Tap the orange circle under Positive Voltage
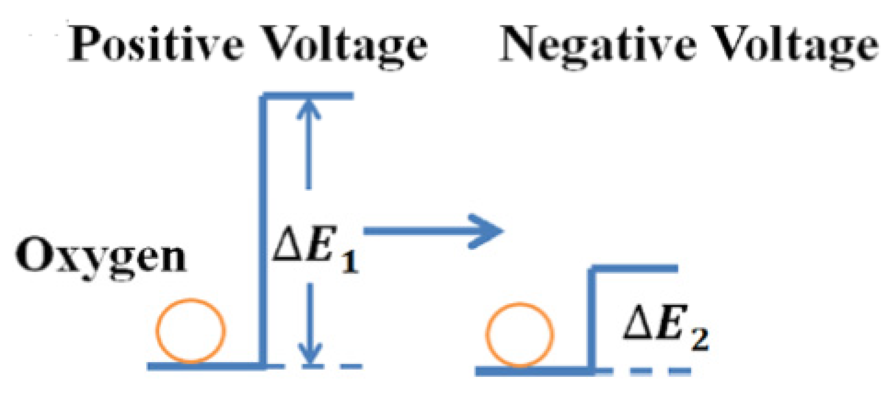[x=190, y=331]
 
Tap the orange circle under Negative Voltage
[x=520, y=334]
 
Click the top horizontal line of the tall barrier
[x=310, y=96]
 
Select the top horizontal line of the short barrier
[x=636, y=269]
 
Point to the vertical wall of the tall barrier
[x=262, y=231]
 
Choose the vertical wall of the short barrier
[x=591, y=321]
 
